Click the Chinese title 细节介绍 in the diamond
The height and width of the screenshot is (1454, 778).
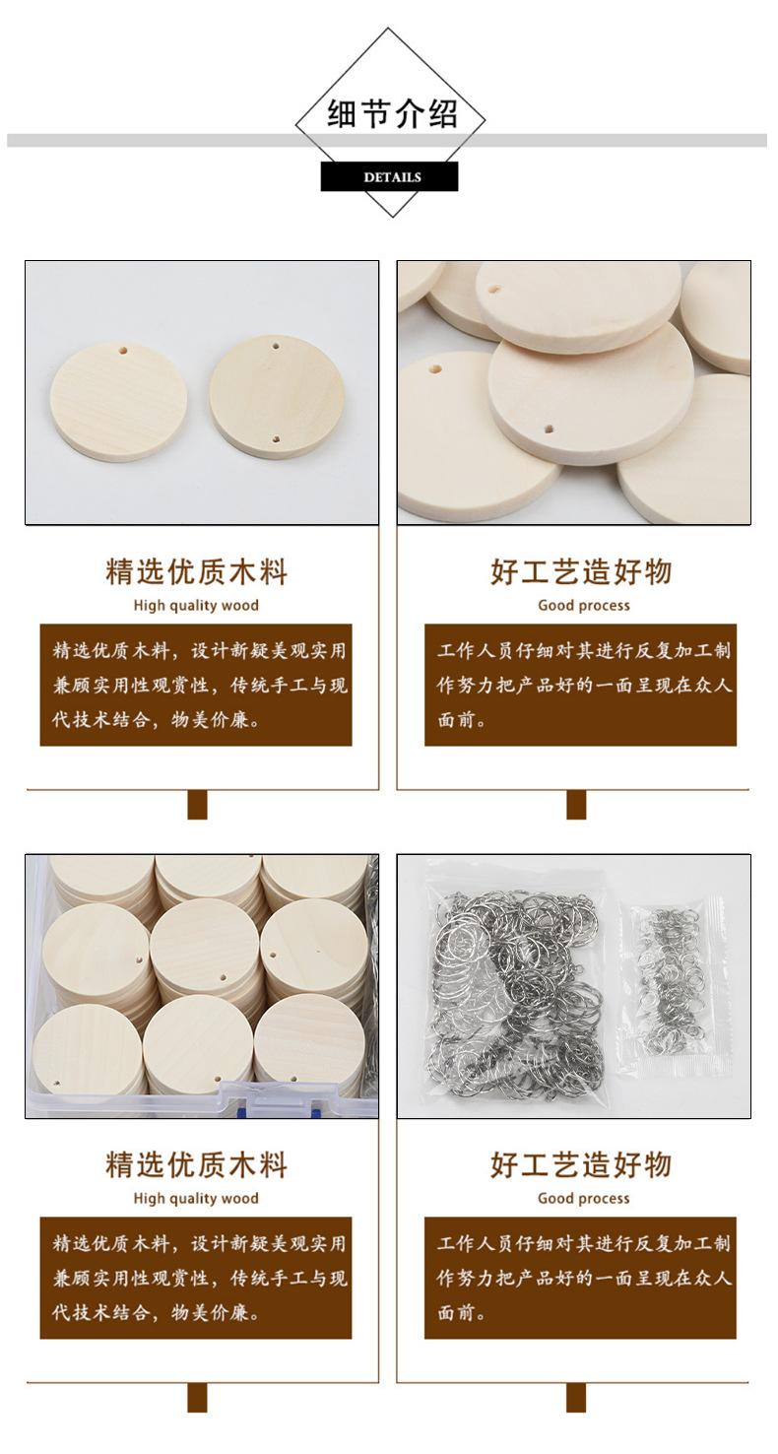392,114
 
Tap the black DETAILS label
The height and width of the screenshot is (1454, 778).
390,177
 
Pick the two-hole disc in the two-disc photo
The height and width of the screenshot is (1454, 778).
277,395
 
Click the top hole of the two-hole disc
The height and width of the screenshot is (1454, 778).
277,348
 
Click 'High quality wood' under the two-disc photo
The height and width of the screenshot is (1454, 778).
196,605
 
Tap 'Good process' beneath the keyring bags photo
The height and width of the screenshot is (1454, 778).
583,1198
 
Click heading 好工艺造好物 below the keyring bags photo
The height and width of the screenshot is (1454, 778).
581,1164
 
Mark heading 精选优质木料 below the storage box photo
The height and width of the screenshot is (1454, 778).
196,1164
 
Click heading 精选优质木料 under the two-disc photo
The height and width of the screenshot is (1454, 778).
196,571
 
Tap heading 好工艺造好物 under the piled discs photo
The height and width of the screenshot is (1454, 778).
581,571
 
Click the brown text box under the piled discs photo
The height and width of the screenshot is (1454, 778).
580,685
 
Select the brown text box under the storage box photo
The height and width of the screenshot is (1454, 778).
196,1278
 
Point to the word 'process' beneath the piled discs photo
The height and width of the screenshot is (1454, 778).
604,606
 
